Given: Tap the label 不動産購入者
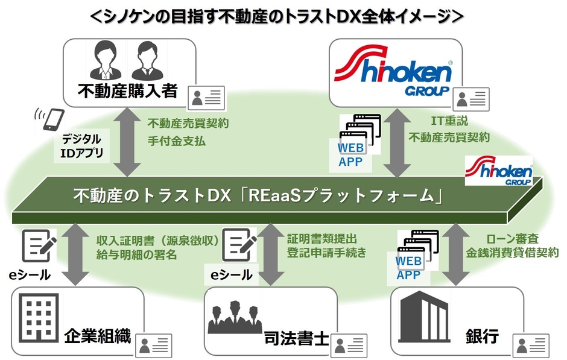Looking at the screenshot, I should [127, 90].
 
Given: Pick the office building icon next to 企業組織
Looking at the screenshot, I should [38, 317].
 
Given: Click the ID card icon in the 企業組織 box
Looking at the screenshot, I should [156, 346].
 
